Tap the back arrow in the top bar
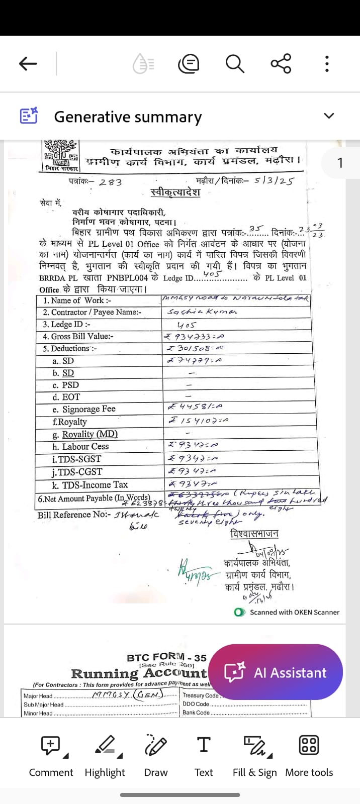point(28,63)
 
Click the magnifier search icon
point(234,64)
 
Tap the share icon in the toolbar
point(281,63)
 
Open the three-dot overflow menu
point(327,64)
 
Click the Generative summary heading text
point(128,117)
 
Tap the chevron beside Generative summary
point(329,116)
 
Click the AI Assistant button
point(276,672)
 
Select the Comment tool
point(51,754)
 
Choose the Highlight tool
point(105,754)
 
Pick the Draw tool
point(156,754)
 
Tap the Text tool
point(204,754)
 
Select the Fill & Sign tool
point(255,754)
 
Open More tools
point(309,754)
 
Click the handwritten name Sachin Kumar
point(202,312)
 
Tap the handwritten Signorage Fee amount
point(195,408)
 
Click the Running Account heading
point(139,673)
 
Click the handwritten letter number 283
point(110,182)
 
